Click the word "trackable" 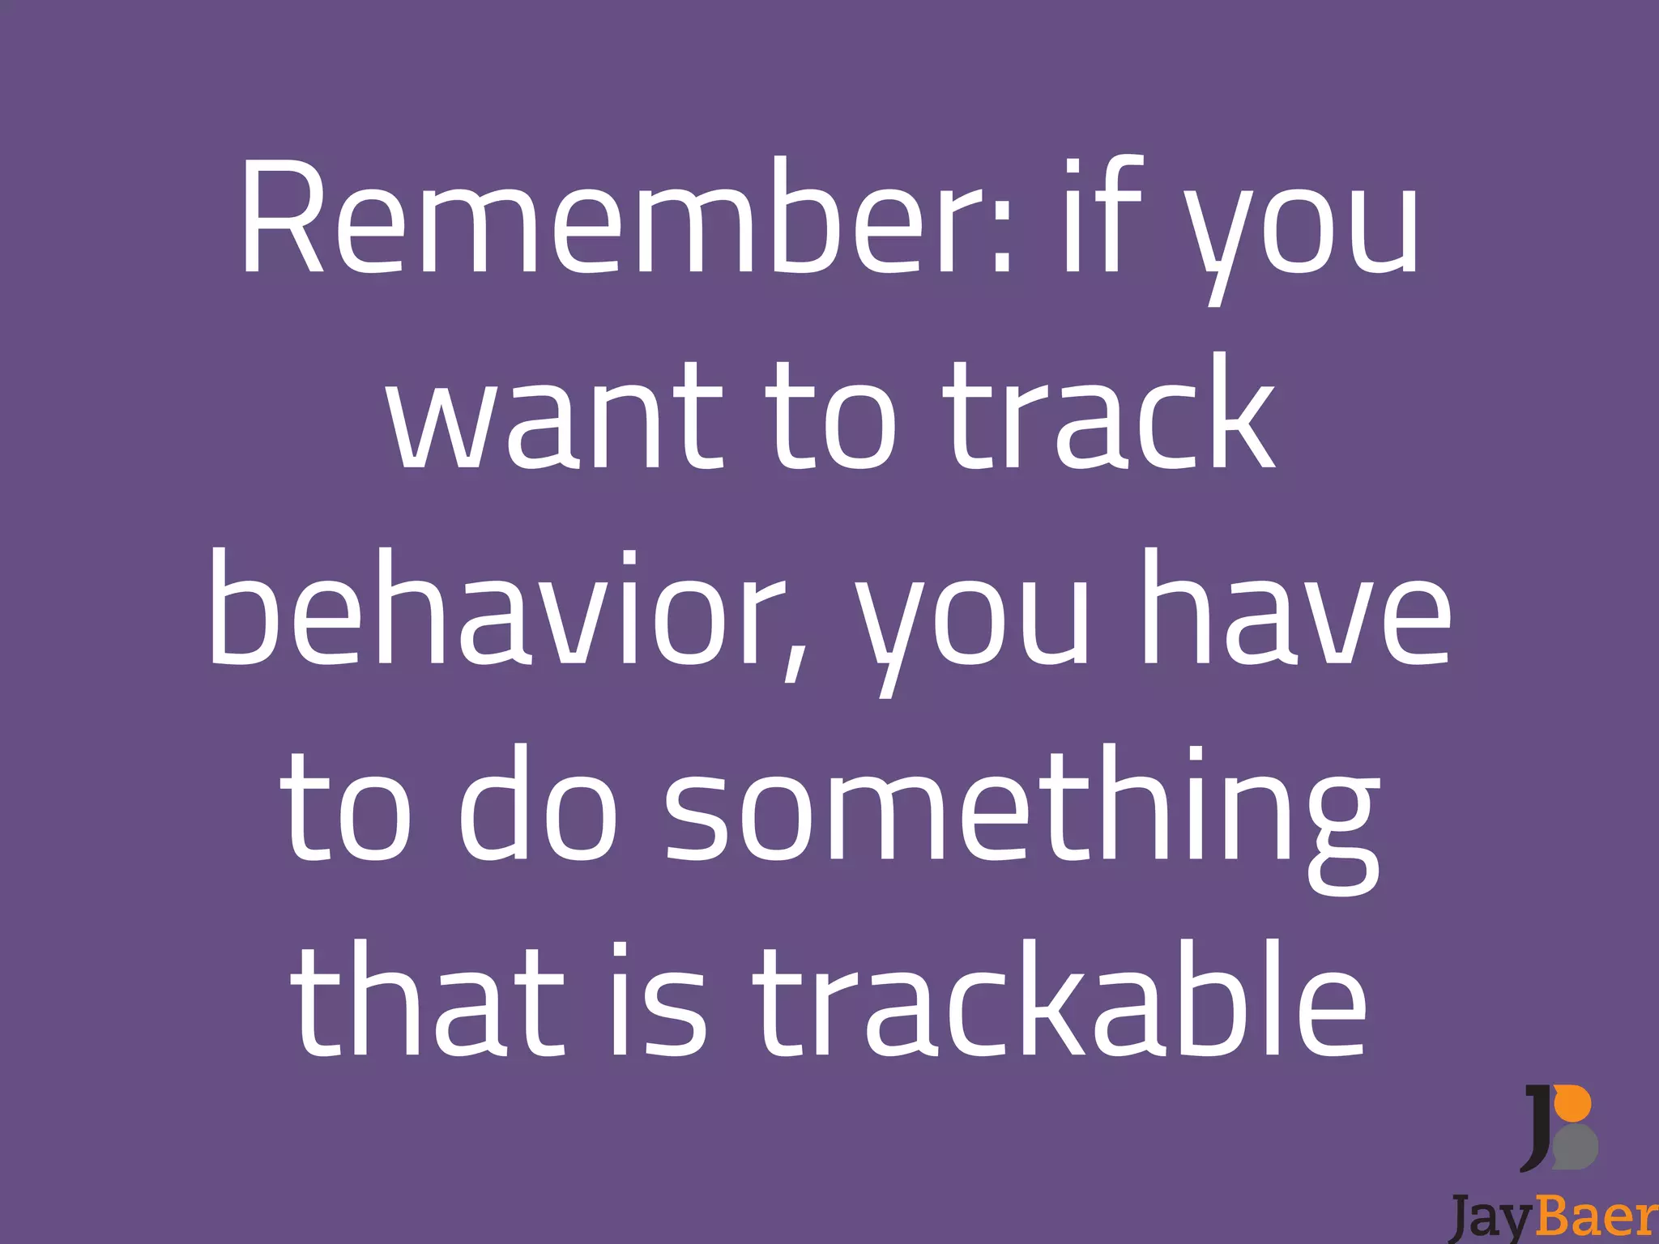(1060, 1000)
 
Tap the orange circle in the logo (1576, 1105)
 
